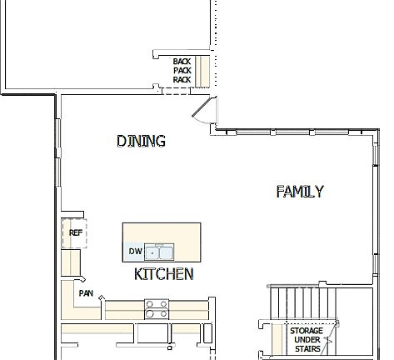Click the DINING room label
pos(141,141)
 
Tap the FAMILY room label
pos(299,192)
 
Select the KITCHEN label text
pos(164,273)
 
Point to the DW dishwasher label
pos(135,251)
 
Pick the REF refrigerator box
pos(74,233)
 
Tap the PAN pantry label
pos(86,293)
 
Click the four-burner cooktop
pos(156,309)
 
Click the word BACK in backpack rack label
pos(182,62)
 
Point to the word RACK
pos(182,80)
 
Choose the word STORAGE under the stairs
pos(306,331)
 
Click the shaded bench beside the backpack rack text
pos(201,70)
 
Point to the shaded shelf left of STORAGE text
pos(278,340)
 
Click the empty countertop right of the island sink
pos(187,242)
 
